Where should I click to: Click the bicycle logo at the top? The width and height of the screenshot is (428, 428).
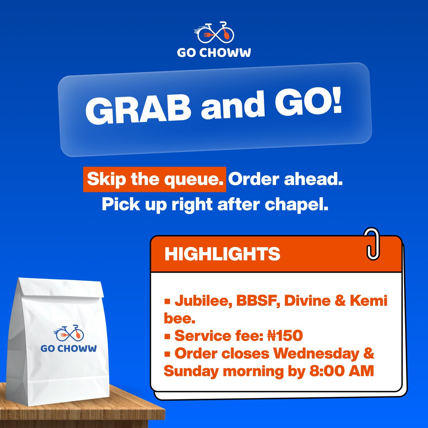point(214,32)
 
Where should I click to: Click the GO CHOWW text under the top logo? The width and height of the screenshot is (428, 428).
point(214,52)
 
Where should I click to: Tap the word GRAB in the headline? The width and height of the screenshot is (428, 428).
point(137,109)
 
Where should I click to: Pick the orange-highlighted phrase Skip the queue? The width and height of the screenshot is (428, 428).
point(154,179)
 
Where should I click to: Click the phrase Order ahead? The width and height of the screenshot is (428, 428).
point(285,179)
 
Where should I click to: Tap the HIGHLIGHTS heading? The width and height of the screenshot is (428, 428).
point(222,254)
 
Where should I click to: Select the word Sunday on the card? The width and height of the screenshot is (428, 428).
point(191,371)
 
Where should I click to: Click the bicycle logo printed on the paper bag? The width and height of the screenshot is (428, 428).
point(69,333)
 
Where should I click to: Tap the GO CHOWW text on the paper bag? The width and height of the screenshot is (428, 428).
point(68,348)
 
